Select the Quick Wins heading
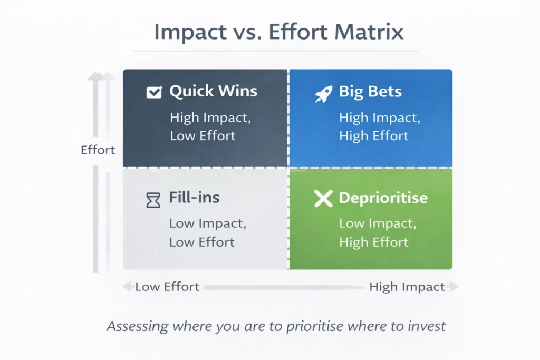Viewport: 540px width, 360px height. click(x=213, y=91)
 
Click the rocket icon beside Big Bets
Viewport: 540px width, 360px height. click(x=322, y=93)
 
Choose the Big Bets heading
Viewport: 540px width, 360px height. click(x=370, y=91)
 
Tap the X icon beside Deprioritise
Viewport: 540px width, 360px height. click(x=323, y=199)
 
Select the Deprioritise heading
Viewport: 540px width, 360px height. click(x=383, y=198)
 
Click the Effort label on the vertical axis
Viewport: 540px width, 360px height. click(x=98, y=150)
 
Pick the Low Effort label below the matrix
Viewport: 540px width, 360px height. click(x=167, y=287)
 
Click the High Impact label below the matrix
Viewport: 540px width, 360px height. click(x=407, y=287)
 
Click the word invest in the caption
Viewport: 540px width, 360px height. click(x=427, y=326)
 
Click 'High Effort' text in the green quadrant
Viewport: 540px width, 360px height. click(x=373, y=242)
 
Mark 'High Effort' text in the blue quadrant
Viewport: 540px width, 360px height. click(x=373, y=135)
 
